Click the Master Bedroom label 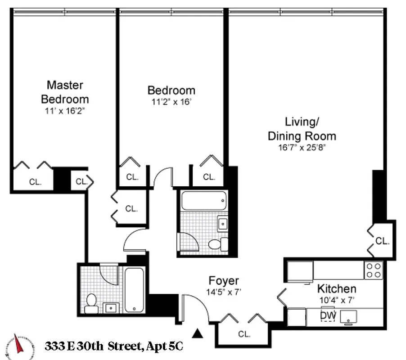point(65,92)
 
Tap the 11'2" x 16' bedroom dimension point(171,102)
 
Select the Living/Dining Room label point(302,129)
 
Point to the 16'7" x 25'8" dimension point(302,147)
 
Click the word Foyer point(224,281)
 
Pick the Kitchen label point(337,288)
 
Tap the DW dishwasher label point(329,316)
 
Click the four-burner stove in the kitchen point(374,270)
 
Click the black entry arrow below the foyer point(197,333)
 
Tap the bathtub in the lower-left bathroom point(134,290)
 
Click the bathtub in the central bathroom point(203,200)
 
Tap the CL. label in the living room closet point(382,241)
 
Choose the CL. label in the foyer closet point(244,334)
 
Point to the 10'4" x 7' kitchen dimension point(335,299)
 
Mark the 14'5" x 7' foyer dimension point(224,292)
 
